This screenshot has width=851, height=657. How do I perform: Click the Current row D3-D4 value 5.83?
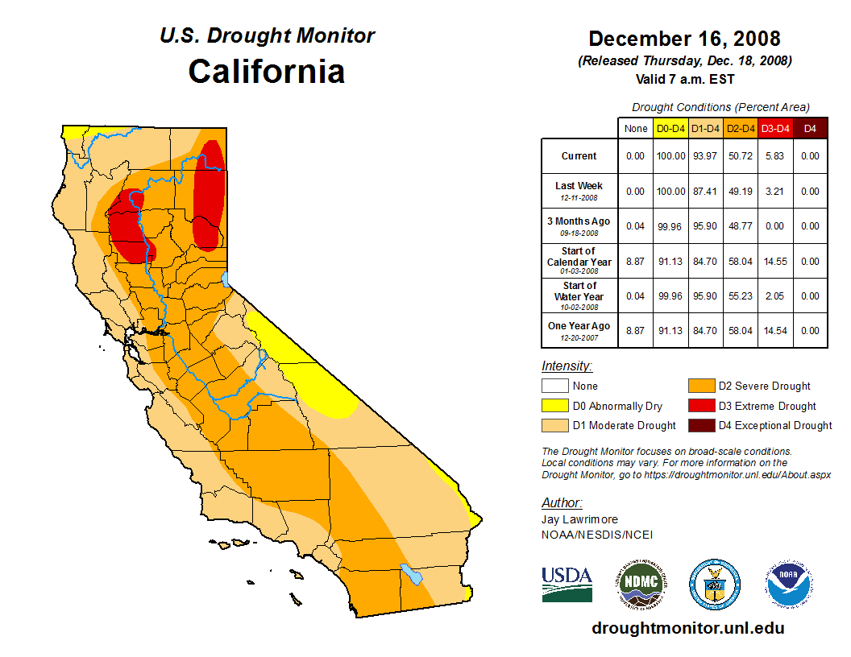click(775, 156)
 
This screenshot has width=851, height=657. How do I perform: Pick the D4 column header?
click(810, 128)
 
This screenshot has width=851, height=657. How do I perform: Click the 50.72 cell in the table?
click(740, 156)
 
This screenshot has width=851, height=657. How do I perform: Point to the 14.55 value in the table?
click(775, 262)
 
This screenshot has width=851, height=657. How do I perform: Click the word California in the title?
click(267, 72)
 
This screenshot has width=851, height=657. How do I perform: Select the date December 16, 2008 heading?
click(684, 39)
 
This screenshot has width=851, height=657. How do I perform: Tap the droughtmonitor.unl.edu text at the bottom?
click(687, 628)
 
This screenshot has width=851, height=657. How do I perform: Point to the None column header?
click(636, 128)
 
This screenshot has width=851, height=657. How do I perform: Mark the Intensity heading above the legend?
click(567, 366)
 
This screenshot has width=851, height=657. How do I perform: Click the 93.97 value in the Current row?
click(705, 156)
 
